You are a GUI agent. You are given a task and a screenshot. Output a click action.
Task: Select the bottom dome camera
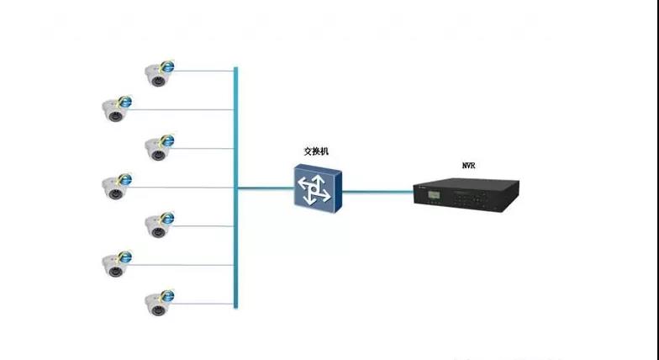coord(157,304)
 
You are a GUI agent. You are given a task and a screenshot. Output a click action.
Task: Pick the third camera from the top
coord(157,150)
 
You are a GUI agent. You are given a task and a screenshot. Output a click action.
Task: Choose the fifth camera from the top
coord(157,226)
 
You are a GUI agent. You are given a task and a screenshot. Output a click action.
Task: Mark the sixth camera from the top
coord(114,265)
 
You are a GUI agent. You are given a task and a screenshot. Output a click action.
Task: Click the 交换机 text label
coord(317,152)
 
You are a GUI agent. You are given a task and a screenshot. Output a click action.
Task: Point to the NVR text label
coord(468,167)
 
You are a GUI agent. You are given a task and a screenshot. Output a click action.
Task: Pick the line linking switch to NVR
coord(378,191)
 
